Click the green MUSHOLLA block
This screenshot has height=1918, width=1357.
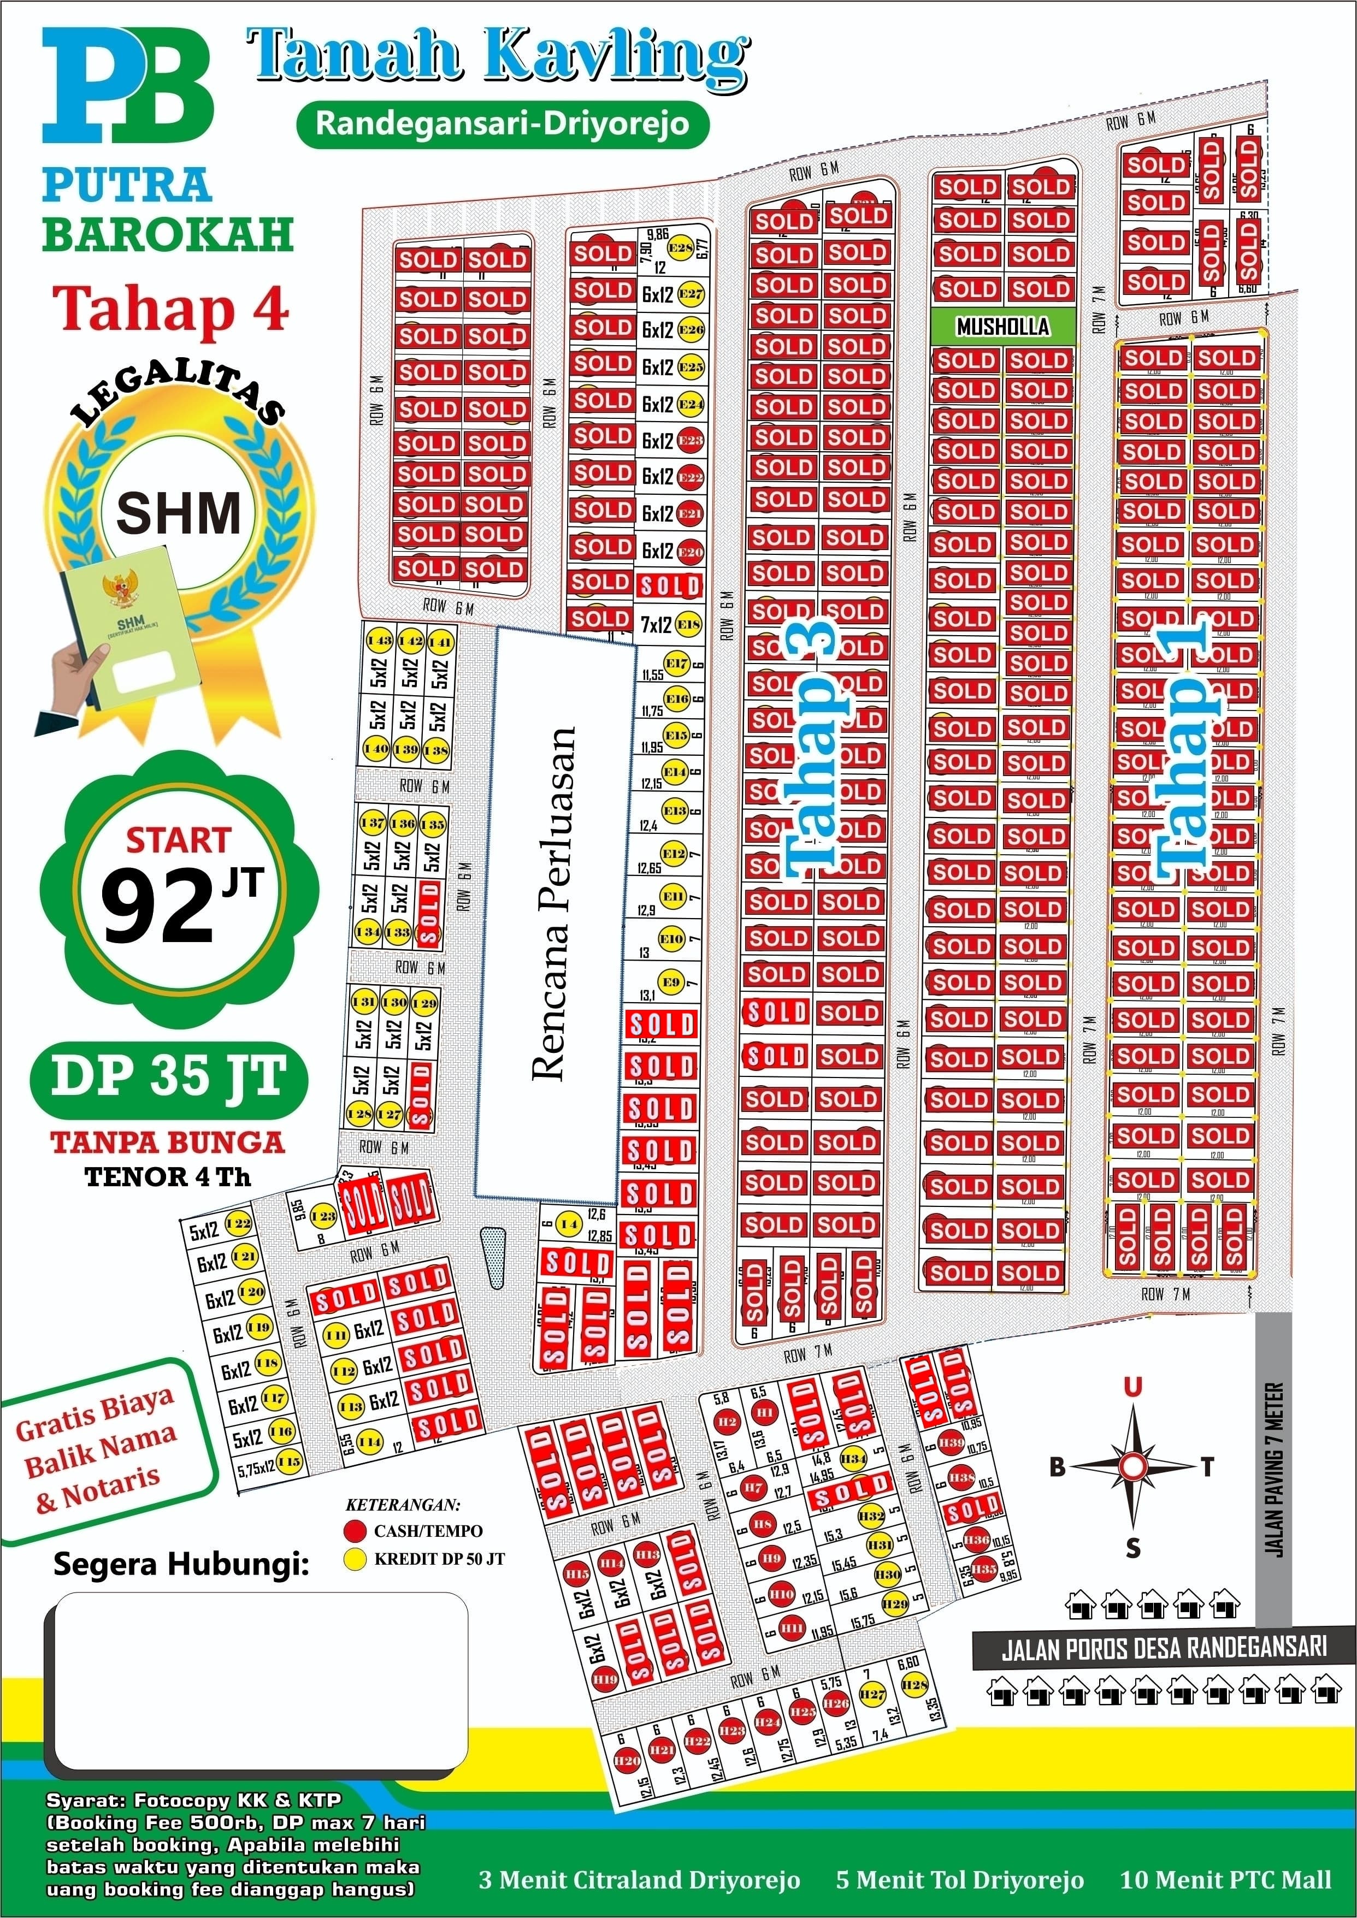tap(1002, 327)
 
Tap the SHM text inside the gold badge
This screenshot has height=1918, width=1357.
tap(178, 512)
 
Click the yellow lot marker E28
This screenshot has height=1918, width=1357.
tap(680, 248)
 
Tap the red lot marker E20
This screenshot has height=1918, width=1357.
tap(690, 552)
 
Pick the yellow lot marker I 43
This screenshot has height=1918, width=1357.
tap(379, 642)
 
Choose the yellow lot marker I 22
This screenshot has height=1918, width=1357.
tap(239, 1224)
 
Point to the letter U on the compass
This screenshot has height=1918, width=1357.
tap(1132, 1388)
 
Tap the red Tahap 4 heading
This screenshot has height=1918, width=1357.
tap(172, 308)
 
